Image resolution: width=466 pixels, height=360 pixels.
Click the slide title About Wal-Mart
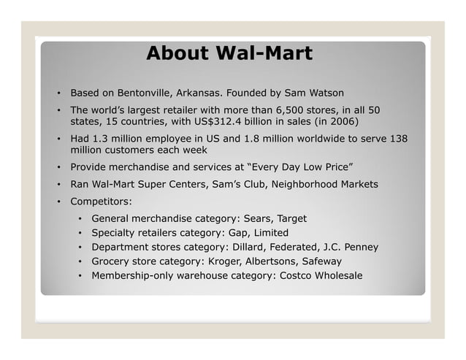(229, 53)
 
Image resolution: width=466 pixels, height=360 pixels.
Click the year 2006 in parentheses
(350, 122)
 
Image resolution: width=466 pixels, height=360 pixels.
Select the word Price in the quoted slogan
(315, 167)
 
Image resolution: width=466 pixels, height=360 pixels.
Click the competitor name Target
(291, 218)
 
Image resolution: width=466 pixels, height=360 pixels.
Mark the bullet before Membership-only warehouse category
(80, 275)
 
